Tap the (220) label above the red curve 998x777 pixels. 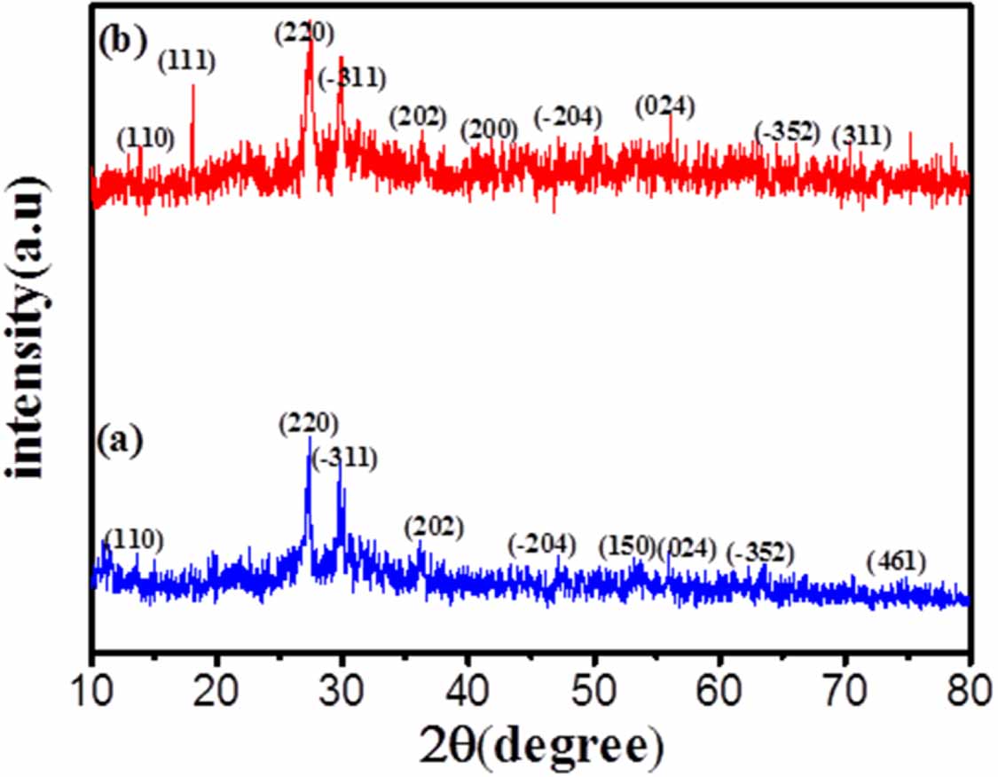(x=304, y=34)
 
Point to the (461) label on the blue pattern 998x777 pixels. (x=897, y=561)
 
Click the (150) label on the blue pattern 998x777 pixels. (x=627, y=545)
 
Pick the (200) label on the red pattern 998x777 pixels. (x=489, y=129)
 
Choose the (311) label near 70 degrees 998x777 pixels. (x=860, y=137)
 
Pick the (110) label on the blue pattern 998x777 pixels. (x=133, y=538)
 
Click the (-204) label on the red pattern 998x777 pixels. (x=568, y=116)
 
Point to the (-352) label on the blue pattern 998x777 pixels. (x=760, y=553)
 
